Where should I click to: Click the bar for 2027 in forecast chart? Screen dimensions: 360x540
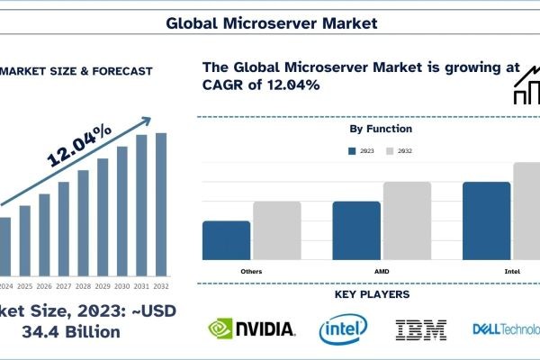coord(63,229)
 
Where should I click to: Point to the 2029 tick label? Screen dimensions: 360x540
coord(102,287)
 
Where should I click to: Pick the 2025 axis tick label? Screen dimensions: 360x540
coord(23,287)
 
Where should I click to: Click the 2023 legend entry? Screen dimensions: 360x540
coord(362,152)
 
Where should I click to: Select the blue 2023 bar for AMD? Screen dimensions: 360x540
coord(355,230)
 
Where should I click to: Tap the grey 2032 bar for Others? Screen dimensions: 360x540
coord(276,230)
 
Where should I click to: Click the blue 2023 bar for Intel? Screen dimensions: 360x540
coord(486,220)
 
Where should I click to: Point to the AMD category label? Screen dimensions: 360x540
coord(381,270)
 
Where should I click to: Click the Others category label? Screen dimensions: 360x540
coord(252,270)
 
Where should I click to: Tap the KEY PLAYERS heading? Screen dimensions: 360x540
coord(373,294)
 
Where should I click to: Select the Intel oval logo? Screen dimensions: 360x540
coord(343,329)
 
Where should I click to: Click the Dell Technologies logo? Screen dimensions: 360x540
coord(506,329)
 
